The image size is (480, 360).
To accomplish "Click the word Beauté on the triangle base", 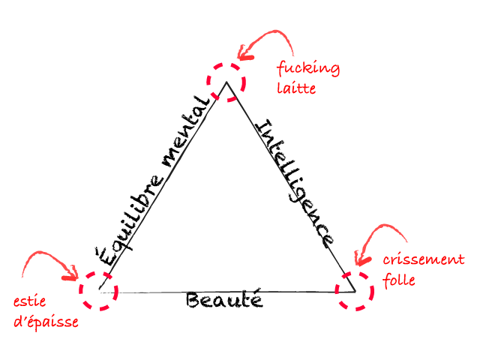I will (223, 301).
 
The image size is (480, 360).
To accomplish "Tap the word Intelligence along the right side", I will (296, 182).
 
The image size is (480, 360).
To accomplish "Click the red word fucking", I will (307, 70).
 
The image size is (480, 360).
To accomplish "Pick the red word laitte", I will (296, 88).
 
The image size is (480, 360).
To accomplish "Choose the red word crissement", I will (424, 260).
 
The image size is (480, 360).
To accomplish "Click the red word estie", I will (31, 304).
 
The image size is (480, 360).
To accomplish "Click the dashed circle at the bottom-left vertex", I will (99, 290).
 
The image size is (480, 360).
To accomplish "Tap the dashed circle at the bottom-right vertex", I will (354, 290).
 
